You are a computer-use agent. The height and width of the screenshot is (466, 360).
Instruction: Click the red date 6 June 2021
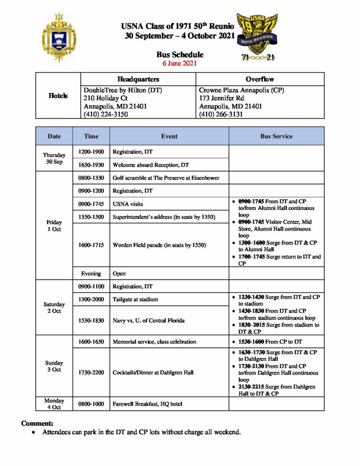(x=180, y=63)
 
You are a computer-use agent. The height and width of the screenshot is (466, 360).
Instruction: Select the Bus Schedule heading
(x=180, y=55)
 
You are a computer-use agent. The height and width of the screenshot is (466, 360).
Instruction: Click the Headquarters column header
(x=138, y=79)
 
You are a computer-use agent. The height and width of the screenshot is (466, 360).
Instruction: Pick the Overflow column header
(x=259, y=79)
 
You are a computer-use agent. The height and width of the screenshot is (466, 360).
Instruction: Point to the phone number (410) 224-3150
(x=106, y=115)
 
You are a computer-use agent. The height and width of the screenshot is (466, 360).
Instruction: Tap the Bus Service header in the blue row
(x=276, y=136)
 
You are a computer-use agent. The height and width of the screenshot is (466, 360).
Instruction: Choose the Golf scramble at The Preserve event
(x=166, y=178)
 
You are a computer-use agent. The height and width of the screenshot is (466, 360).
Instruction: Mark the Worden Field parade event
(x=159, y=245)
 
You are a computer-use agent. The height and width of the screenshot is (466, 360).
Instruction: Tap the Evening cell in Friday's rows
(x=91, y=274)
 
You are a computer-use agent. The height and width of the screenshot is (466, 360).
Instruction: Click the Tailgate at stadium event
(x=136, y=299)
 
